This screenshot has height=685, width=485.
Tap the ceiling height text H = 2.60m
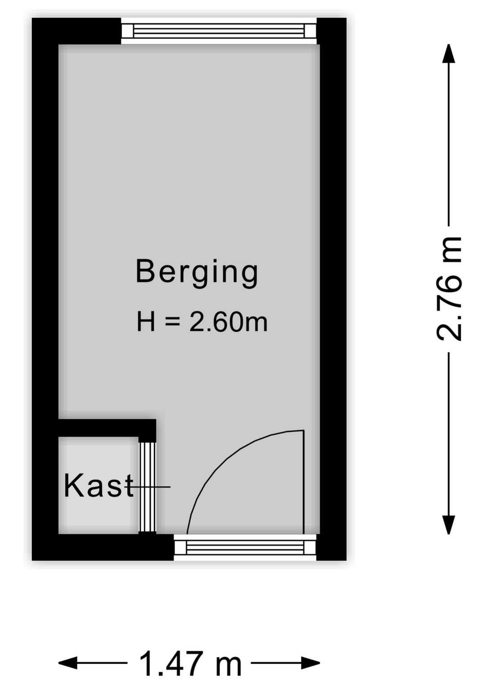pos(202,322)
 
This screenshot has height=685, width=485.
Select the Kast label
pos(98,486)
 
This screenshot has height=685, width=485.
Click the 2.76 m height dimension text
pos(449,288)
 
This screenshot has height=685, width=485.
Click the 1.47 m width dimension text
pos(190,663)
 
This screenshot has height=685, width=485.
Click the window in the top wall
pos(219,31)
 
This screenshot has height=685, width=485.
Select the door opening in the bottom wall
pos(245,547)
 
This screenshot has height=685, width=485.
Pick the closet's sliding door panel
pos(147,487)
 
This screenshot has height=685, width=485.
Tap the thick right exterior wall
pos(333,269)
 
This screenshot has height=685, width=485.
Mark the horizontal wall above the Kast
pos(106,428)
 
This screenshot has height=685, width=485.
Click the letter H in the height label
pos(146,322)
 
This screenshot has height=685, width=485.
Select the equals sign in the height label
pos(172,322)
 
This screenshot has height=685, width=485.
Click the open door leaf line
pos(304,483)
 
